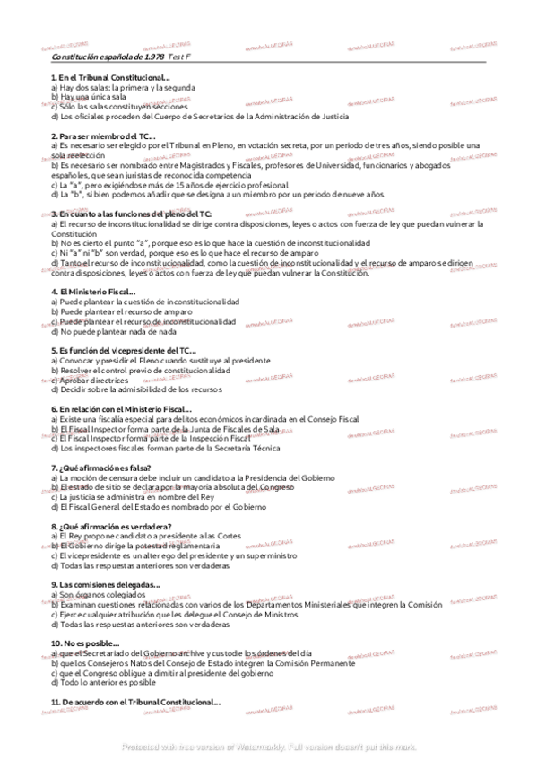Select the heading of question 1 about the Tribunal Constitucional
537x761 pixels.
coord(110,78)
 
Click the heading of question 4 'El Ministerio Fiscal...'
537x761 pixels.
coord(93,292)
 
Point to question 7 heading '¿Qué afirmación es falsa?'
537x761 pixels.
coord(100,468)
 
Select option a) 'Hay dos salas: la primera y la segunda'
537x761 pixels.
coord(123,88)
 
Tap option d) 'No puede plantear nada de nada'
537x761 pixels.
coord(113,331)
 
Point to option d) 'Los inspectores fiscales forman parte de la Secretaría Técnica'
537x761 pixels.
coord(165,448)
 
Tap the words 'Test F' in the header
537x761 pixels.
coord(180,56)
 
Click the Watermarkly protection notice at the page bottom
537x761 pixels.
coord(268,746)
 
